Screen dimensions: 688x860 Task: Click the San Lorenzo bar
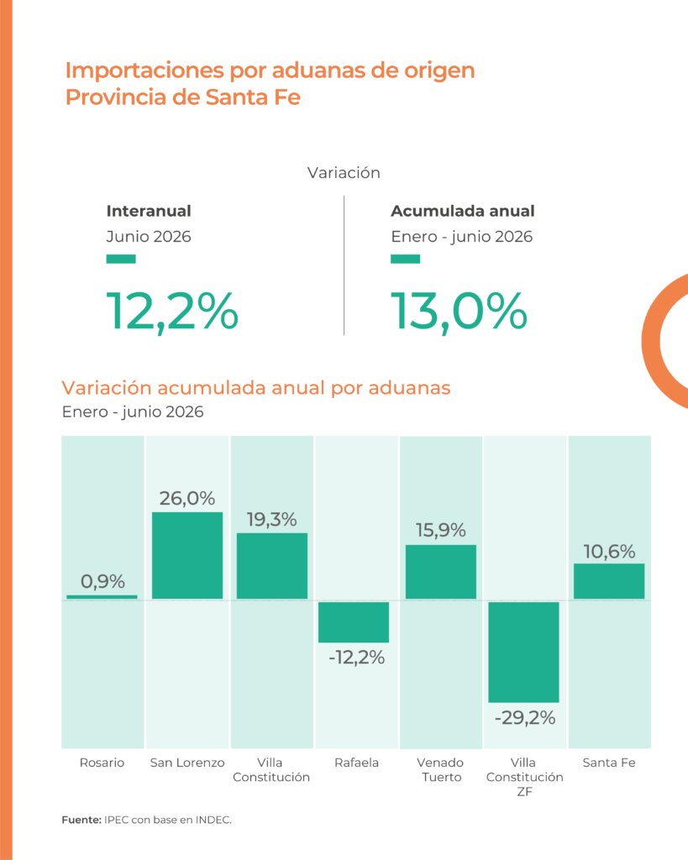click(x=187, y=555)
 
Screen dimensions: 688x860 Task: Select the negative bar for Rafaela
click(x=354, y=622)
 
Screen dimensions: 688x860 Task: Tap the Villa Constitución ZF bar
click(x=524, y=652)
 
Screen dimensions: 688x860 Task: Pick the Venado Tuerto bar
click(x=440, y=571)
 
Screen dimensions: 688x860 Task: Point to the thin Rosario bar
click(x=102, y=597)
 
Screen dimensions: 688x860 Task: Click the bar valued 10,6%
click(x=609, y=581)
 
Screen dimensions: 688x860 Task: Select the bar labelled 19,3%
click(x=272, y=565)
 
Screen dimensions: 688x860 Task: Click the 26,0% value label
click(x=187, y=498)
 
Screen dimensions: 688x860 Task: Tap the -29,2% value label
click(x=525, y=717)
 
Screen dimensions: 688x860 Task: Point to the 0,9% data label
click(x=102, y=581)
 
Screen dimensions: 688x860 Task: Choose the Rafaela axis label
click(x=357, y=763)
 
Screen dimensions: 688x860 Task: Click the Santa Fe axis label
click(x=609, y=763)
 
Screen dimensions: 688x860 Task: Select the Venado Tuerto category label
click(x=440, y=769)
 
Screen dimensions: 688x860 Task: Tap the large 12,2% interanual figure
click(x=172, y=312)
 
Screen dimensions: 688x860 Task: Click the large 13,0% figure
click(x=459, y=312)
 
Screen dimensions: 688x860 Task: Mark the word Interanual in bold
click(x=149, y=211)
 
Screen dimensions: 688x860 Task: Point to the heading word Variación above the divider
click(x=344, y=173)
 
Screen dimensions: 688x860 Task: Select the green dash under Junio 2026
click(x=121, y=259)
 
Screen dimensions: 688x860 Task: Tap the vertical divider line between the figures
click(x=344, y=265)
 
